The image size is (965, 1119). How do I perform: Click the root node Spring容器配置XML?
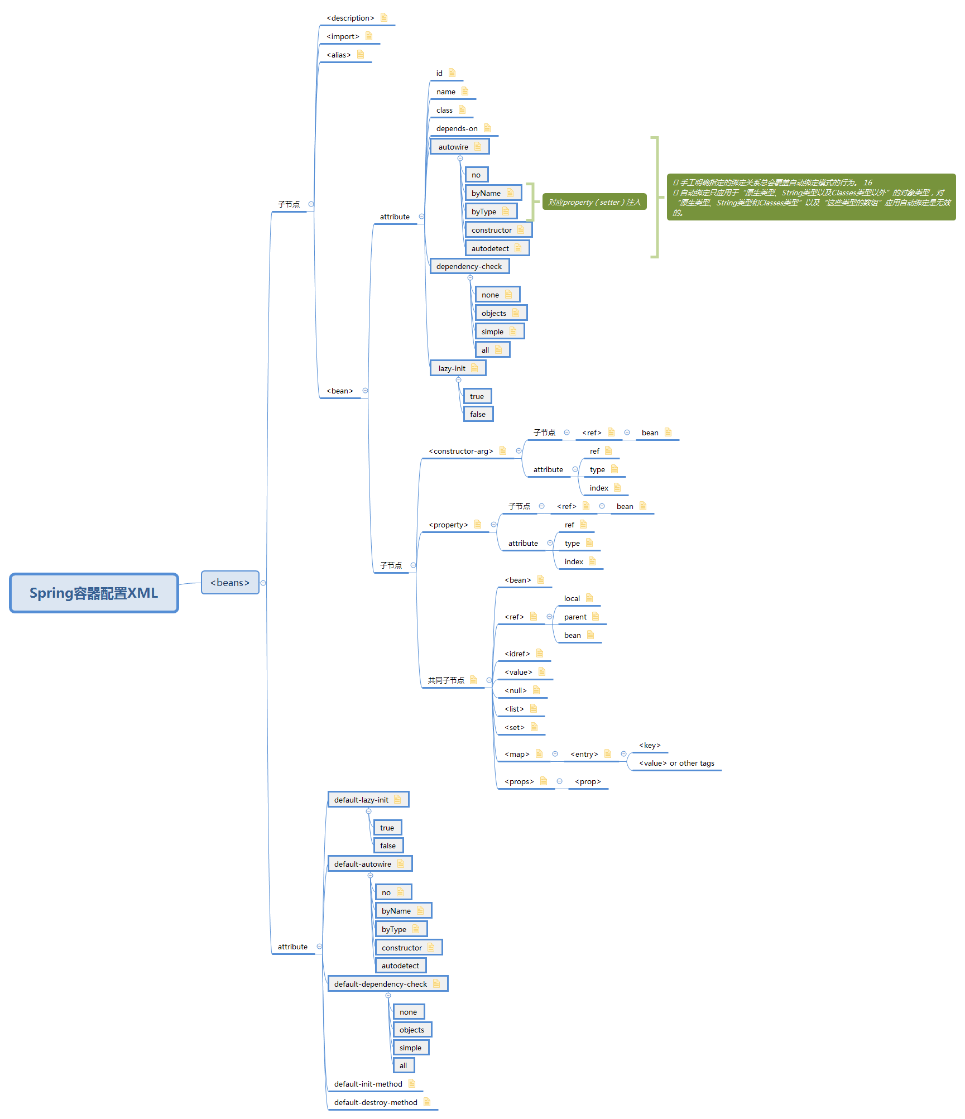pos(94,593)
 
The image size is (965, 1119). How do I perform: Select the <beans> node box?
pos(230,583)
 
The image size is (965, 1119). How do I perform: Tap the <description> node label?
pos(351,18)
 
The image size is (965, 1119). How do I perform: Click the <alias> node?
pos(339,55)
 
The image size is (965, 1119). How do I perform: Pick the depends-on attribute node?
pos(457,129)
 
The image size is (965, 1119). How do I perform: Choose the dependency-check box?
pos(469,267)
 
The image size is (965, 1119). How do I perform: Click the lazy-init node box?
pos(452,369)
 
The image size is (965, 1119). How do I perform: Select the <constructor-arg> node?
pos(461,452)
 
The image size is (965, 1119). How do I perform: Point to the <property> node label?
pos(448,525)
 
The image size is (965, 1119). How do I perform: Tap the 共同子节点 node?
pos(446,680)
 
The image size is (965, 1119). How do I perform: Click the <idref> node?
pos(517,654)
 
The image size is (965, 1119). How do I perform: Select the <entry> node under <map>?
pos(584,755)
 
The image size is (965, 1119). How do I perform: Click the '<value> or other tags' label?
pos(676,763)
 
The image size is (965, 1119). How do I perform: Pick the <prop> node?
pos(588,782)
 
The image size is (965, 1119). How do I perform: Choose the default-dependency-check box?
pos(381,984)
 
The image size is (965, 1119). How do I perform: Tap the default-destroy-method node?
pos(376,1103)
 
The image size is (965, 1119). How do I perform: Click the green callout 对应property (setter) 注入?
pos(594,202)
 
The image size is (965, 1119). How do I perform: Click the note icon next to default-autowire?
pos(401,864)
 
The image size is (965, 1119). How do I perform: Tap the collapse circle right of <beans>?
pos(263,583)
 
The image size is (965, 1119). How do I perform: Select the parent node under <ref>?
pos(575,617)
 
